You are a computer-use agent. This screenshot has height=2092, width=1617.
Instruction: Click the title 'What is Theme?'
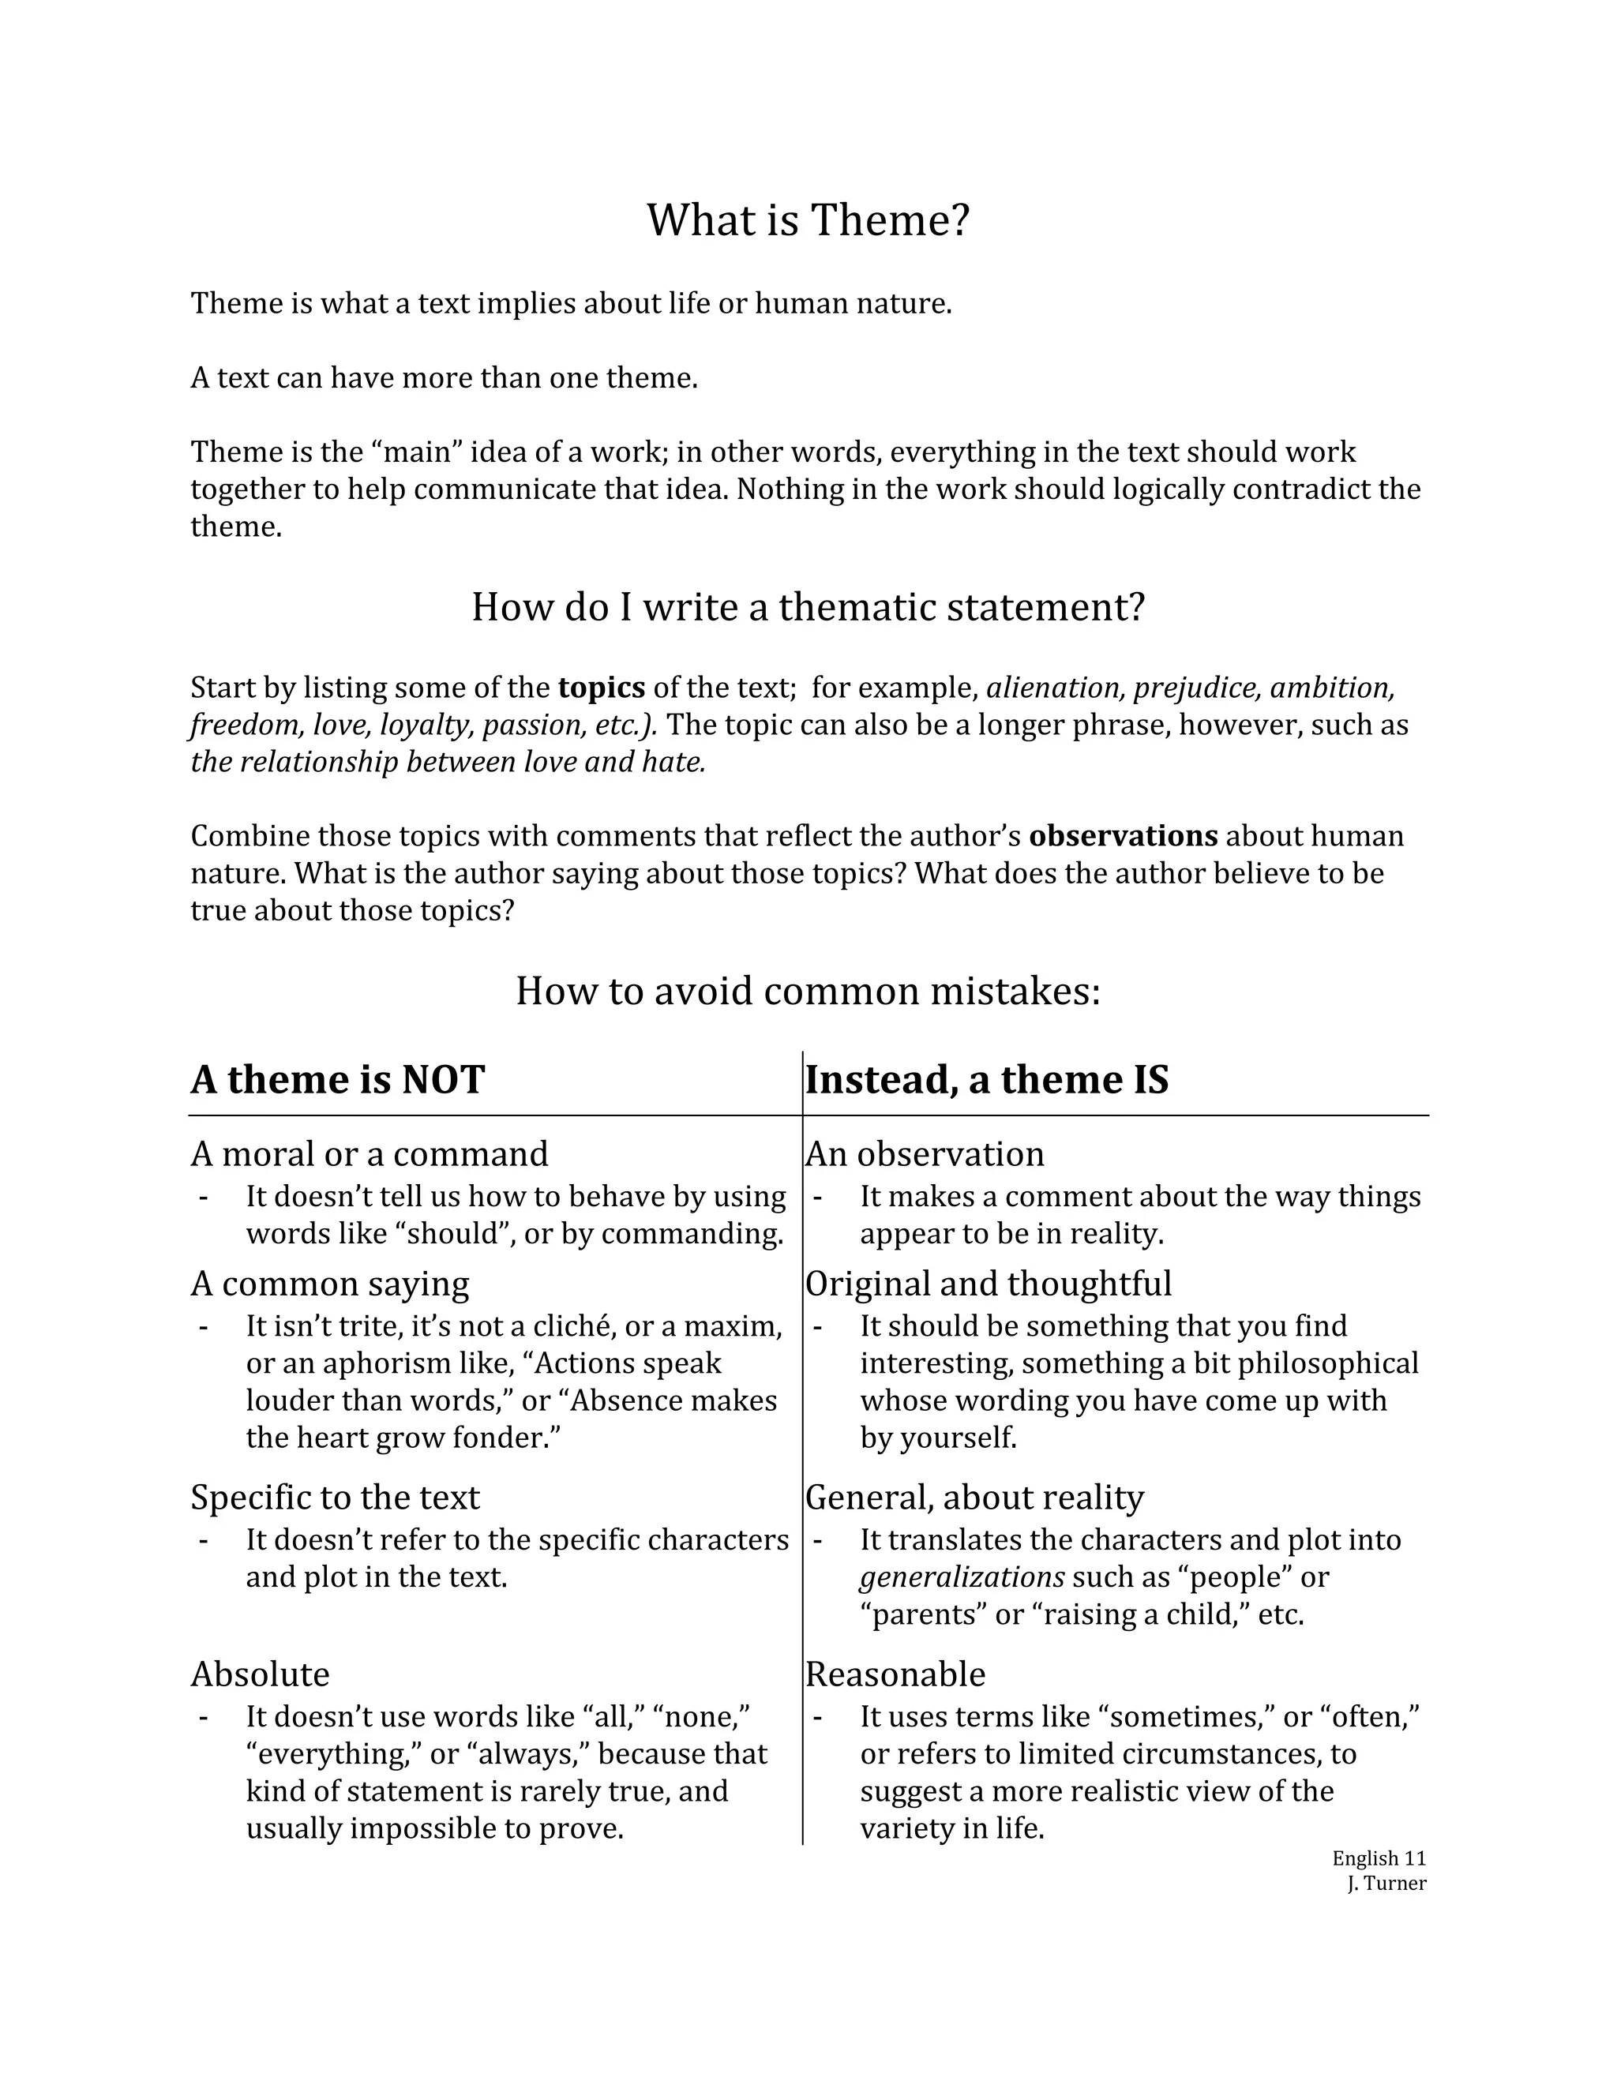tap(808, 220)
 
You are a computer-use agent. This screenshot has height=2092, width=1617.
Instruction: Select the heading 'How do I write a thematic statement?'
tap(808, 607)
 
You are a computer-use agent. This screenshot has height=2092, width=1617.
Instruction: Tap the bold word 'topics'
tap(602, 688)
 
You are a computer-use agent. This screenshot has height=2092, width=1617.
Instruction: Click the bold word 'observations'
tap(1123, 836)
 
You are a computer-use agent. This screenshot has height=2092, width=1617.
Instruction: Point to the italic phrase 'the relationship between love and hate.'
tap(448, 763)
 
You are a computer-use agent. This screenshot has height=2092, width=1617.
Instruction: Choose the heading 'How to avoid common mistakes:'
tap(808, 992)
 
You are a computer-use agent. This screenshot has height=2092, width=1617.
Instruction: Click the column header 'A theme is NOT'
tap(337, 1081)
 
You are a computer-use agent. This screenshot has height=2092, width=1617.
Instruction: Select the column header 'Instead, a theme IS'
tap(987, 1081)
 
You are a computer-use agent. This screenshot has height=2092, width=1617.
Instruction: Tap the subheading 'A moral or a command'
tap(369, 1154)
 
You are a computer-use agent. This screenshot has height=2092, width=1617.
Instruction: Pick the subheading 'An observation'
tap(925, 1154)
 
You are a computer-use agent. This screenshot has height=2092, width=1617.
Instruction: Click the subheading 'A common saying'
tap(329, 1284)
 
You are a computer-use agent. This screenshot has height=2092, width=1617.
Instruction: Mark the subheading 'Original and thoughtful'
tap(988, 1284)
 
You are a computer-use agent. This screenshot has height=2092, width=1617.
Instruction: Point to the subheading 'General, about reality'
tap(974, 1497)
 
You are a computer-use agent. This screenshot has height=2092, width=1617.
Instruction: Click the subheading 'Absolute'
tap(260, 1674)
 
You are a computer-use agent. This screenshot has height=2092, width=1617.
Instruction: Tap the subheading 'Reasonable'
tap(895, 1674)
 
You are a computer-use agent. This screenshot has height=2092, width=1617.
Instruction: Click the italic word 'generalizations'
tap(962, 1576)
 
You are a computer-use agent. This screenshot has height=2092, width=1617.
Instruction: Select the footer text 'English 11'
tap(1379, 1858)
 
